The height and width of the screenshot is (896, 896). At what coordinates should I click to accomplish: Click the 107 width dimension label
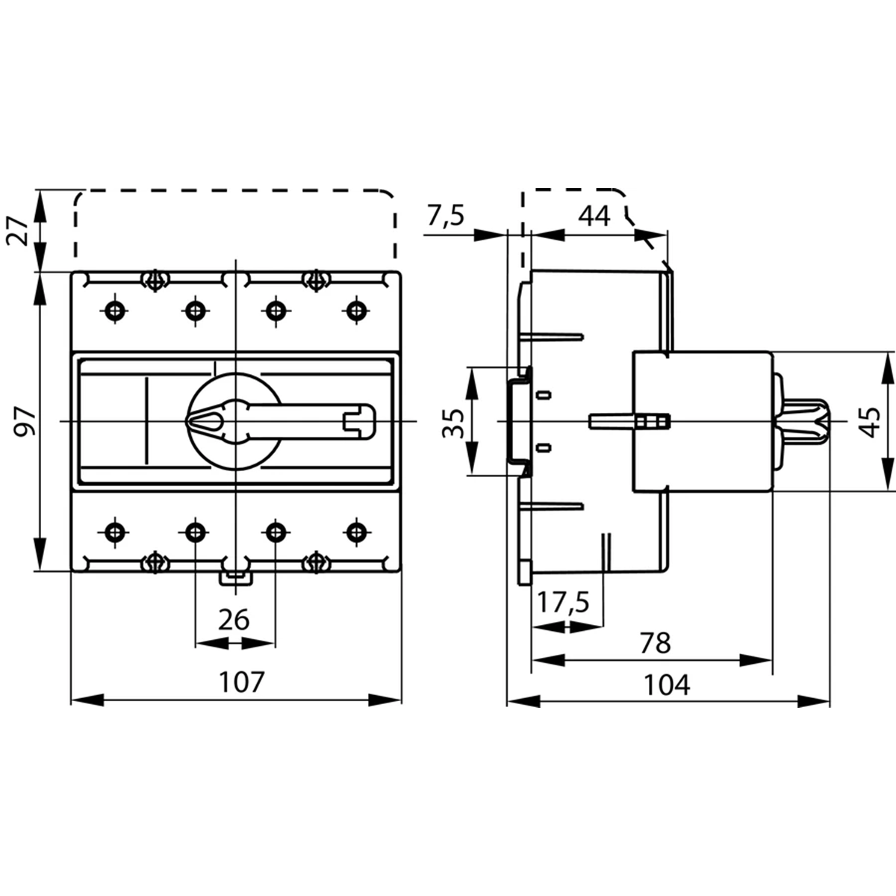click(241, 682)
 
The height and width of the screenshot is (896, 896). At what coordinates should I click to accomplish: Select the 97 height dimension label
click(25, 421)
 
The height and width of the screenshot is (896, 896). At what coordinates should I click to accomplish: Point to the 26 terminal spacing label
click(234, 620)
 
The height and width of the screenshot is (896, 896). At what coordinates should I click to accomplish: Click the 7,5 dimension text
click(446, 216)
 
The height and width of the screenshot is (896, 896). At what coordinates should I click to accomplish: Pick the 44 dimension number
click(594, 217)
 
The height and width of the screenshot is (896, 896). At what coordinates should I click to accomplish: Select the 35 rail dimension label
click(453, 423)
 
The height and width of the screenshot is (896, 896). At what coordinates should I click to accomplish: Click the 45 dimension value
click(869, 422)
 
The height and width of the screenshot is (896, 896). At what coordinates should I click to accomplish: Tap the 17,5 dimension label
click(564, 602)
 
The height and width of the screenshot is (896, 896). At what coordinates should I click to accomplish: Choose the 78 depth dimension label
click(655, 643)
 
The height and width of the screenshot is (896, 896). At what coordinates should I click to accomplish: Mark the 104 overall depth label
click(667, 685)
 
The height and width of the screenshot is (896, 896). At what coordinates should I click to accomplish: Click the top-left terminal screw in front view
click(115, 310)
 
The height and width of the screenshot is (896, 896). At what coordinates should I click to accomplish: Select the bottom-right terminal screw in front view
click(356, 532)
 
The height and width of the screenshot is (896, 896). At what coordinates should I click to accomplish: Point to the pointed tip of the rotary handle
click(187, 422)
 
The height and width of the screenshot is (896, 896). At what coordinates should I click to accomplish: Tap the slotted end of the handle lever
click(360, 422)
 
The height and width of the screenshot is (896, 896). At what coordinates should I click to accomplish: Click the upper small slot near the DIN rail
click(544, 395)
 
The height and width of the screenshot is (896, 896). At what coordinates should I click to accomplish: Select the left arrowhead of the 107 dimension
click(87, 700)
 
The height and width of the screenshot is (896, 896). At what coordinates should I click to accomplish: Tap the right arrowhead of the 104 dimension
click(814, 700)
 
